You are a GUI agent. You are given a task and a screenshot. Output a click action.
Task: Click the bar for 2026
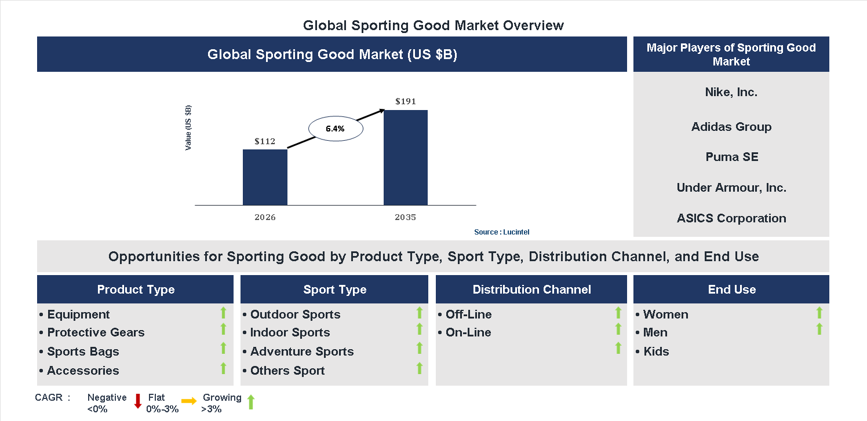[x=265, y=177]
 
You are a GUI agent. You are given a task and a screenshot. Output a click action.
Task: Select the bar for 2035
[x=406, y=158]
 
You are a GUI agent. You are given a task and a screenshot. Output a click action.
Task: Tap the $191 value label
[x=406, y=101]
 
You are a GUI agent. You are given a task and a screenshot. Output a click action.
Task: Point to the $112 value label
[x=265, y=141]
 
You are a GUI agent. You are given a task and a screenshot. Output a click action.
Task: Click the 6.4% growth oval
[x=335, y=129]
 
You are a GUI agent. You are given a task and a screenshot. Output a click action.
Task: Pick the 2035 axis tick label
[x=406, y=218]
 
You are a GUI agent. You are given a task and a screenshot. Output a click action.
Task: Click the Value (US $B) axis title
[x=188, y=128]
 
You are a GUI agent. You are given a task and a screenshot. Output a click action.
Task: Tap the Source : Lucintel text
[x=501, y=232]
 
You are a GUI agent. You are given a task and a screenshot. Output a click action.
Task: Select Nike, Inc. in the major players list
[x=731, y=92]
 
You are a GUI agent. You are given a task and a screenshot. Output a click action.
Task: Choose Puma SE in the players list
[x=731, y=157]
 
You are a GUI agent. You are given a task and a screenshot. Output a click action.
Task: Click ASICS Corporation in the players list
[x=731, y=218]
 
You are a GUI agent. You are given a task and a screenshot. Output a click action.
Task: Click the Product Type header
[x=136, y=290]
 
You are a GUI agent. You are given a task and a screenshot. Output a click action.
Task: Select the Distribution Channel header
[x=531, y=290]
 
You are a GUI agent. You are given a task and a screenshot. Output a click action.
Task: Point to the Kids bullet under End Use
[x=655, y=352]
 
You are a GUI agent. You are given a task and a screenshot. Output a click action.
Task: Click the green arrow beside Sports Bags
[x=223, y=348]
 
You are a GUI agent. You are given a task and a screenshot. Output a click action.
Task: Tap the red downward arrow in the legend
[x=138, y=401]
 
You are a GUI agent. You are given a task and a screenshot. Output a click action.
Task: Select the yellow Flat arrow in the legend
[x=189, y=401]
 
